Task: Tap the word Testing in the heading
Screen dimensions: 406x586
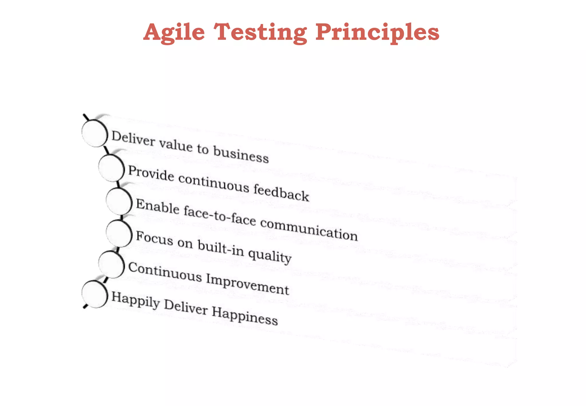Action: [x=260, y=32]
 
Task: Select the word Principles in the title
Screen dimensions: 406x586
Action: [x=377, y=32]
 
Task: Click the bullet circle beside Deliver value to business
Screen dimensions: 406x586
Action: [x=94, y=133]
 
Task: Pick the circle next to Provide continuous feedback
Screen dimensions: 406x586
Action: [x=111, y=168]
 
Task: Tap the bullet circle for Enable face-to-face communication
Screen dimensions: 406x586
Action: [x=119, y=201]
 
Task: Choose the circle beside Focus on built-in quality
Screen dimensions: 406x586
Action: [x=119, y=234]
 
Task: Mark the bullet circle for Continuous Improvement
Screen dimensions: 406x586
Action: [x=111, y=265]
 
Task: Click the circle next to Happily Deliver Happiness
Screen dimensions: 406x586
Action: [x=94, y=294]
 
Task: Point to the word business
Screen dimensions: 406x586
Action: [x=241, y=155]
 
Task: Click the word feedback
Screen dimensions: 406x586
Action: [x=281, y=192]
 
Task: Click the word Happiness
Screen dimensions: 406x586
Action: [x=245, y=316]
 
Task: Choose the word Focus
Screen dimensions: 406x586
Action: [x=155, y=238]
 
